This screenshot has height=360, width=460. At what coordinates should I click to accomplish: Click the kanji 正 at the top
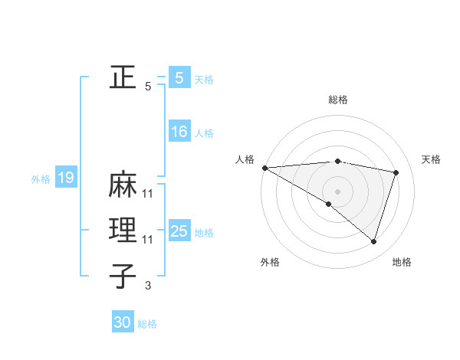point(123,77)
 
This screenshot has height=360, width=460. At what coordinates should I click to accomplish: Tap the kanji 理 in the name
point(123,231)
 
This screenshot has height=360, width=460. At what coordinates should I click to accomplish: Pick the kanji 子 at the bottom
point(123,276)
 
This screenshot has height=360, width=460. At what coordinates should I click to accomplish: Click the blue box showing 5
point(179,77)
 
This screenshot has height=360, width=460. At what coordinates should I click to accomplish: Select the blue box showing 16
point(179,132)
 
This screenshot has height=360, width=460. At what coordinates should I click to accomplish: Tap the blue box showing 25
point(179,231)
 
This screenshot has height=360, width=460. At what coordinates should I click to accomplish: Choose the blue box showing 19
point(66,178)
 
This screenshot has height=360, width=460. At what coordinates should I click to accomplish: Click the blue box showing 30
point(123,322)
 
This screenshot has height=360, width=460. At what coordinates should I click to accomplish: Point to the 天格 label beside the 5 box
point(204,79)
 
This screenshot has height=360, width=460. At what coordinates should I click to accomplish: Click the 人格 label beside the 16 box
point(204,133)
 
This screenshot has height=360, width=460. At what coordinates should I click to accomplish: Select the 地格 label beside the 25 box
point(204,232)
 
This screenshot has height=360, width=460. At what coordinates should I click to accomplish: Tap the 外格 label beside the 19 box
point(41,179)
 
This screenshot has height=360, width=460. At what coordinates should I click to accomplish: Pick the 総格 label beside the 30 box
point(147,324)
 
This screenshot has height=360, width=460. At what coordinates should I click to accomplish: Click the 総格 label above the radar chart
point(337,100)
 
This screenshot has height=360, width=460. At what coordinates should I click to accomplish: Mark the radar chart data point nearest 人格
point(264,168)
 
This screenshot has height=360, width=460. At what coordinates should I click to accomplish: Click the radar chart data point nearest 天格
point(396,172)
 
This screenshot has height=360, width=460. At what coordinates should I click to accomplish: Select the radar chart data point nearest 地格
point(373,241)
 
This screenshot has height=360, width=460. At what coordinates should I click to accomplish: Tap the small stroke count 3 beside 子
point(148,286)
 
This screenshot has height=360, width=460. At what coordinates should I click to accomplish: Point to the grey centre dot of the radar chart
point(337,190)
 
